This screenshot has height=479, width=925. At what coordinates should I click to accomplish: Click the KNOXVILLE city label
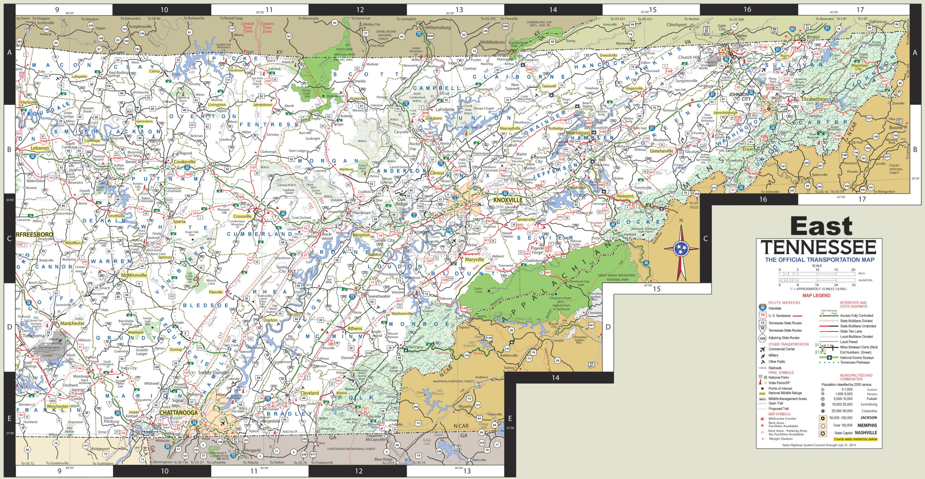pos(508,200)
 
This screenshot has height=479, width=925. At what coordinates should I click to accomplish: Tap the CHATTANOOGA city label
pos(178,413)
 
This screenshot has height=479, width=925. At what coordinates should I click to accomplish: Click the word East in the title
pos(821,227)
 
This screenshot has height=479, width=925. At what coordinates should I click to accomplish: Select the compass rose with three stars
pos(681,249)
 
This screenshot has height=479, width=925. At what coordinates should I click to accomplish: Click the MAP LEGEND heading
pos(816,295)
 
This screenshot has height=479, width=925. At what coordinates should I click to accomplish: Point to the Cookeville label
pos(184,162)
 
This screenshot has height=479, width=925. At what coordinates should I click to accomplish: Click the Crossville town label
pos(242,216)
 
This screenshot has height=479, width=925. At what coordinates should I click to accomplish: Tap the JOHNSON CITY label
pos(739,96)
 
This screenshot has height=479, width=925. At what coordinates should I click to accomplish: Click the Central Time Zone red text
pos(248,27)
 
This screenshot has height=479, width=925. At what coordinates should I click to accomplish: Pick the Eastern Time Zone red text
pos(267,27)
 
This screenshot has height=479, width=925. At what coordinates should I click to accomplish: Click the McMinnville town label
pos(134,275)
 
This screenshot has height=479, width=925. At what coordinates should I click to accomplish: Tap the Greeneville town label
pos(661,151)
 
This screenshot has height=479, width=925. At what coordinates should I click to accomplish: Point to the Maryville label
pos(474,259)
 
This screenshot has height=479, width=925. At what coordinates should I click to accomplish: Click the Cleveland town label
pos(310,393)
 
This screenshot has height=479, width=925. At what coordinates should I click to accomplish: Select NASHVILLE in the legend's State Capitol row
pos(866,433)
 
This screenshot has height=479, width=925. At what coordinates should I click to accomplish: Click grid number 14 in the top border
pos(553,10)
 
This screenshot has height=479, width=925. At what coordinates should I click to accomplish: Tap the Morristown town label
pos(578,133)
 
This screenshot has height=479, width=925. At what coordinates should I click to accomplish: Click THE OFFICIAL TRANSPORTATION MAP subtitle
pos(819,260)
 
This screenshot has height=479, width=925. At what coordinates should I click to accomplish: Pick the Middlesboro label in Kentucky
pos(492,42)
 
